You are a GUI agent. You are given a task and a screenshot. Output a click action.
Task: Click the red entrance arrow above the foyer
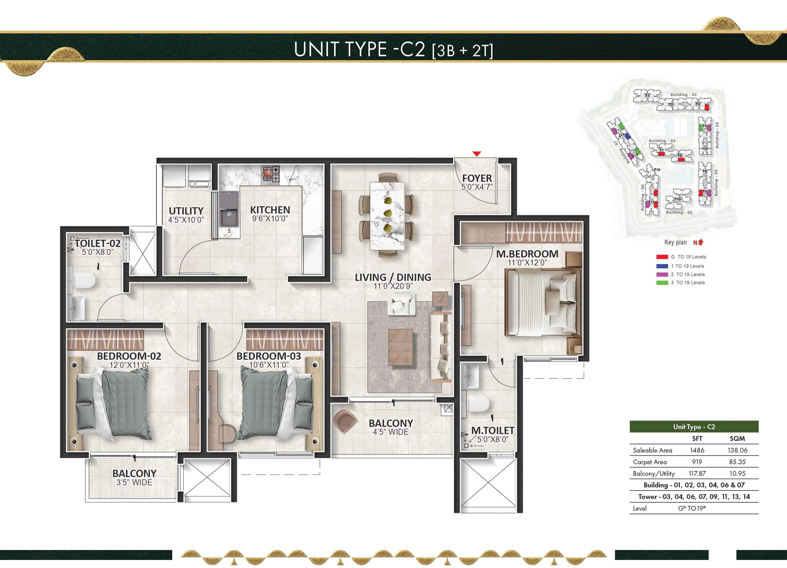point(477,154)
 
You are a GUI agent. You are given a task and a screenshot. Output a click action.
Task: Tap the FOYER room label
point(477,178)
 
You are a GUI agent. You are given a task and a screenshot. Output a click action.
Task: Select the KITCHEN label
point(270,210)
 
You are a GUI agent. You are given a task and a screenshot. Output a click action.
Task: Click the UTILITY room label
point(186,211)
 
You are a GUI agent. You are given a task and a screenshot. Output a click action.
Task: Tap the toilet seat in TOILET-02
point(84,280)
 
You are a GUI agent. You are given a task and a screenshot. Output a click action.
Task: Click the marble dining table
point(387,215)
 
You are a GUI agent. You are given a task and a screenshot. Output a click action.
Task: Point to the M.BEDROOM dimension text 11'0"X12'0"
point(527,263)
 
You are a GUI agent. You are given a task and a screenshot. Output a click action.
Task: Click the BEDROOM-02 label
point(129,356)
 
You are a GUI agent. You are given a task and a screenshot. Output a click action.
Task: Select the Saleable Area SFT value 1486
point(697,450)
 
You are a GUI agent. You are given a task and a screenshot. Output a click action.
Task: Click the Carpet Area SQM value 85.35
point(737,462)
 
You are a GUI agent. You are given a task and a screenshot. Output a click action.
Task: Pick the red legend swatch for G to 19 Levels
point(662,257)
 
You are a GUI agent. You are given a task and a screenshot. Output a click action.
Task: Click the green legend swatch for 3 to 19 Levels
point(662,283)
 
